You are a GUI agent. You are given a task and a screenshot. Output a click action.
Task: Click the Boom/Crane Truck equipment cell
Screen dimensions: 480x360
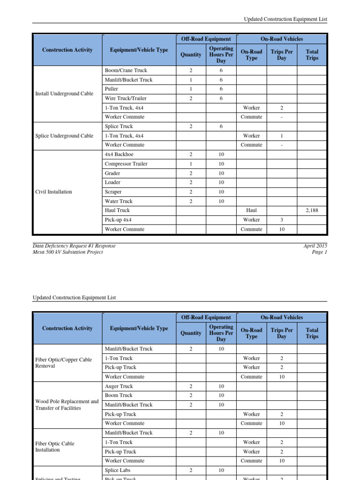coord(126,70)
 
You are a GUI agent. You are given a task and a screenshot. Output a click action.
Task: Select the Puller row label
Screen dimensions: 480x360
coord(112,89)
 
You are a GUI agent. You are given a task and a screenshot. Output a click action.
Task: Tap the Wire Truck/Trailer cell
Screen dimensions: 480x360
coord(124,98)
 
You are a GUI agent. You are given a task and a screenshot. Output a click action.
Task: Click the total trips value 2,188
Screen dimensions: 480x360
coord(312,210)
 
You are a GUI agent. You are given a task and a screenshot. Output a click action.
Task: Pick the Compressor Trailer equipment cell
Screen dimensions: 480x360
coord(126,164)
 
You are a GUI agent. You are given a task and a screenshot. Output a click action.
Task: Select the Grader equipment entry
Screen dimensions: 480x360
coord(112,173)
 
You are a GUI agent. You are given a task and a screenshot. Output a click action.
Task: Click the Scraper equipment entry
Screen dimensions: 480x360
coord(113,192)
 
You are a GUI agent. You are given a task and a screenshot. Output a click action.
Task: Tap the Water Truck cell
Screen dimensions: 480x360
coord(119,201)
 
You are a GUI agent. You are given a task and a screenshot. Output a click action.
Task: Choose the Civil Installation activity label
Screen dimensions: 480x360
coord(54,192)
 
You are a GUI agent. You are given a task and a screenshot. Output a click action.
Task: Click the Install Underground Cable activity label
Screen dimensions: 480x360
coord(64,93)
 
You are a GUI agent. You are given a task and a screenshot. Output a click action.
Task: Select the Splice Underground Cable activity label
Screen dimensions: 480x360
coord(64,135)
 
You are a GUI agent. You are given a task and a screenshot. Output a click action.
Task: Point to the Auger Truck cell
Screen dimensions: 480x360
coord(119,386)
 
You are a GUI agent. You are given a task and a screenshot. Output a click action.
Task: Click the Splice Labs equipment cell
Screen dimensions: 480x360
coord(118,470)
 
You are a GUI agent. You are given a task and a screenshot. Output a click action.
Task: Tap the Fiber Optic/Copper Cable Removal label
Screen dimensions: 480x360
coord(63,363)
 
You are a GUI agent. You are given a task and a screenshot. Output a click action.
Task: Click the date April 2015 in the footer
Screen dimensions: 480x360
coord(315,246)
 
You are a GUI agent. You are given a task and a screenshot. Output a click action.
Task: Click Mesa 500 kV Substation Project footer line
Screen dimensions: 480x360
coord(68,252)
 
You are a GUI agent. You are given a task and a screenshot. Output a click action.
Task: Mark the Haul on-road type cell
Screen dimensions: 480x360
coord(251,210)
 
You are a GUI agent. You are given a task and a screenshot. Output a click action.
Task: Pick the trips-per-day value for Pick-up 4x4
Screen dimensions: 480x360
coord(281,220)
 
